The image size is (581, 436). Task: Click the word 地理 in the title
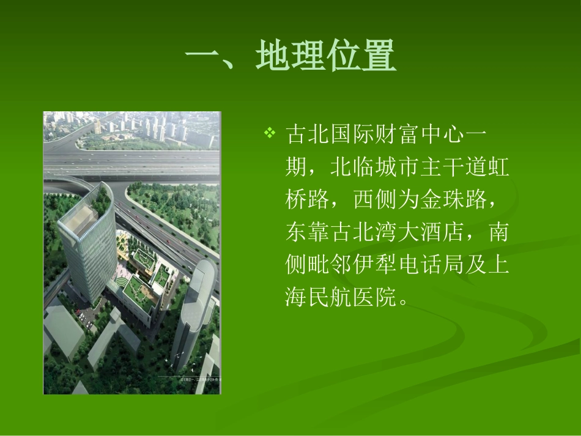(290, 57)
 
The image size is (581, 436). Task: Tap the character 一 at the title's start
(202, 57)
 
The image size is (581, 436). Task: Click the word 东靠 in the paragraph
(308, 232)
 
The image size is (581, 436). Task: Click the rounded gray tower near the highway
(192, 306)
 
